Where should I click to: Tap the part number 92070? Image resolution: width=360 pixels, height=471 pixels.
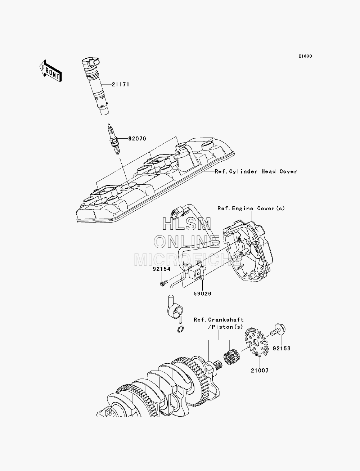tap(137, 139)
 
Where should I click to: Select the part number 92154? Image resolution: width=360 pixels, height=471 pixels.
tap(162, 269)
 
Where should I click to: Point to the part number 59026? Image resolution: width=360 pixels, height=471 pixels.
tap(203, 293)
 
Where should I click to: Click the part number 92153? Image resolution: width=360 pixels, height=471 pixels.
tap(282, 349)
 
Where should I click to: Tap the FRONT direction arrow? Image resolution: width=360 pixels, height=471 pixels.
tap(51, 71)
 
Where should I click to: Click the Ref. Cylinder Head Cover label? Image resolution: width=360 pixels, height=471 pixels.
tap(256, 171)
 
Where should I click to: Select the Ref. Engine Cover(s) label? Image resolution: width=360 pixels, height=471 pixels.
tap(251, 208)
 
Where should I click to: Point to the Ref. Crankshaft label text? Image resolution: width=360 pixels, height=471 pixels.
tap(219, 326)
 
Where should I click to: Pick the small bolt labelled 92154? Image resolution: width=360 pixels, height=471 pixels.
tap(164, 283)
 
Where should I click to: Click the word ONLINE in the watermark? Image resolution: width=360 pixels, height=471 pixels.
tap(186, 242)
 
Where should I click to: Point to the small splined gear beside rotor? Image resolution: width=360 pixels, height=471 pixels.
tap(232, 358)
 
